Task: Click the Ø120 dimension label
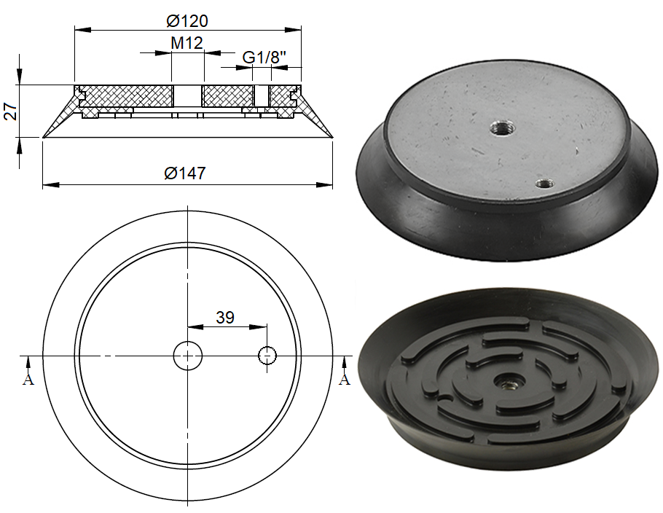coord(187,20)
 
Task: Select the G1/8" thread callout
coord(263,57)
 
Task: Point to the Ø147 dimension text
coord(185,173)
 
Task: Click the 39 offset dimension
coord(225,317)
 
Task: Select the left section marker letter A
coord(28,380)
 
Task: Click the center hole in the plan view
coord(188,356)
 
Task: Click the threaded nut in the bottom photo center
coord(502,380)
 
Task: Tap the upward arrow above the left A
coord(28,361)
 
